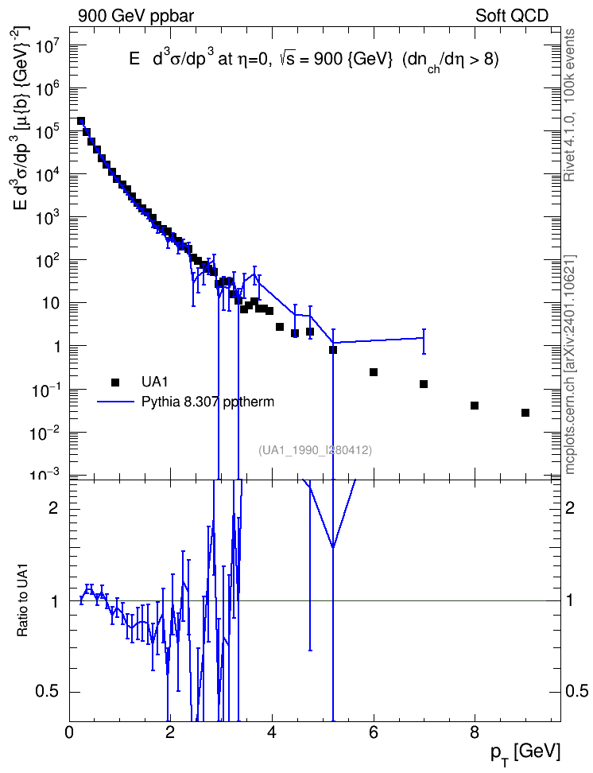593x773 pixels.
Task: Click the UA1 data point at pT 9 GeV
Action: (x=525, y=413)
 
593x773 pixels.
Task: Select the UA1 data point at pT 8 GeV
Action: (x=475, y=406)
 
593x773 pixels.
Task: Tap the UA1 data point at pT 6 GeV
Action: (x=374, y=372)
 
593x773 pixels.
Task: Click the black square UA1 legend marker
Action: (x=115, y=382)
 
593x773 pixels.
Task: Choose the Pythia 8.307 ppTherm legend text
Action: (x=207, y=402)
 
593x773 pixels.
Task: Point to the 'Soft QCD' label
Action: (x=512, y=16)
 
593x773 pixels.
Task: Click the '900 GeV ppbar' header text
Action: (x=136, y=16)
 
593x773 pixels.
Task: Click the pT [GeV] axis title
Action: (x=525, y=754)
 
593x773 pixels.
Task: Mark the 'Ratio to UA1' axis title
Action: (x=23, y=601)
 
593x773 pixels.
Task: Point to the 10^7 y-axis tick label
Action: (x=48, y=49)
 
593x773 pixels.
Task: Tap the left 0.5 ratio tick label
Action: (x=47, y=692)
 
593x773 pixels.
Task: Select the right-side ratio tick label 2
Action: (x=570, y=507)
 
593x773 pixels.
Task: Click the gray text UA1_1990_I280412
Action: (x=315, y=450)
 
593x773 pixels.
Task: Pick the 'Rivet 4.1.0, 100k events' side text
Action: (x=569, y=106)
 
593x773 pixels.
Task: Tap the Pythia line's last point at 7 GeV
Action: (x=424, y=338)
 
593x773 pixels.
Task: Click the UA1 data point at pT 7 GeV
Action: (x=424, y=384)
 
